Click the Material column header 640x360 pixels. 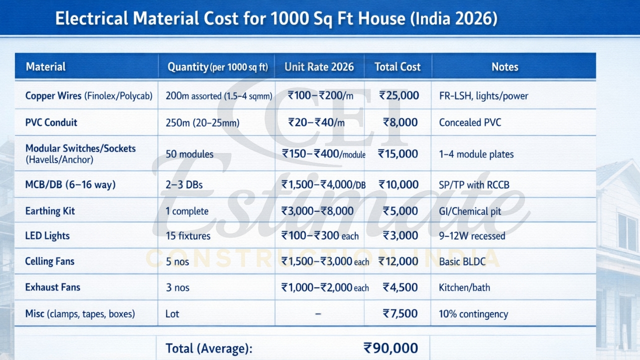(x=45, y=66)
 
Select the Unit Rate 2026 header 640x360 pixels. (x=319, y=66)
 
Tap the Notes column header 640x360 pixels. (x=505, y=66)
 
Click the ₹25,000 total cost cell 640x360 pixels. (x=398, y=95)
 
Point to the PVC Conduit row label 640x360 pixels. (x=51, y=122)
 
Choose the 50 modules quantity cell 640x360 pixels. (x=189, y=154)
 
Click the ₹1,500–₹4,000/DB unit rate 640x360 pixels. (x=323, y=185)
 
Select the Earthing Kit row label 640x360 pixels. (x=49, y=211)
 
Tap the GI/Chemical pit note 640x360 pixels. (x=470, y=211)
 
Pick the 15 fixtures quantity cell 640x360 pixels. (x=188, y=236)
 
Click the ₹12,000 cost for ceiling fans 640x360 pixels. (x=398, y=261)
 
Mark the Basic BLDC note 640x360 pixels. (x=462, y=261)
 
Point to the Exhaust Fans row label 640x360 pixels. (x=52, y=287)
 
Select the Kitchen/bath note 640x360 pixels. (x=464, y=287)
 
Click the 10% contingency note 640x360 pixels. (x=473, y=314)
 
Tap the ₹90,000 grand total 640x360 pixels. (x=390, y=348)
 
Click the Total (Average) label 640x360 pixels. (x=209, y=348)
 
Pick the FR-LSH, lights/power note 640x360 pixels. (x=483, y=96)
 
